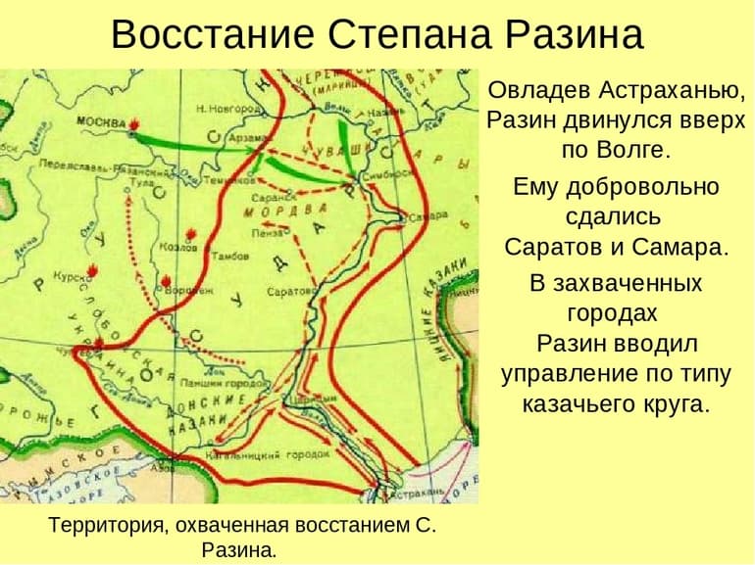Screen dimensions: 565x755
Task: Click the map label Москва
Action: coord(102,123)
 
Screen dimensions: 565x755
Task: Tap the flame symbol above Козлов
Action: coord(199,234)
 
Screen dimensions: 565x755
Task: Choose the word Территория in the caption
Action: coord(106,526)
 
